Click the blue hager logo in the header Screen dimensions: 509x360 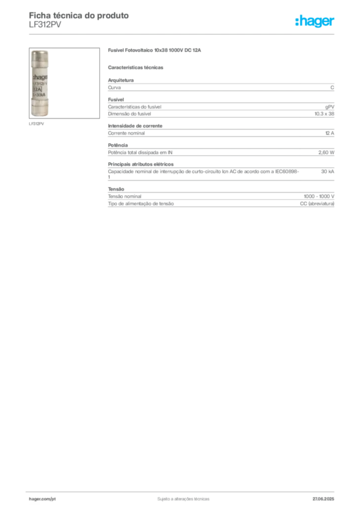[315, 22]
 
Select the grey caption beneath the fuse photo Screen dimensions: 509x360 [38, 124]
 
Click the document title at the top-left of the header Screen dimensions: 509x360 [80, 15]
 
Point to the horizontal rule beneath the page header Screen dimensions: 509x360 [183, 34]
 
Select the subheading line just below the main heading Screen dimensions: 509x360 [137, 67]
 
